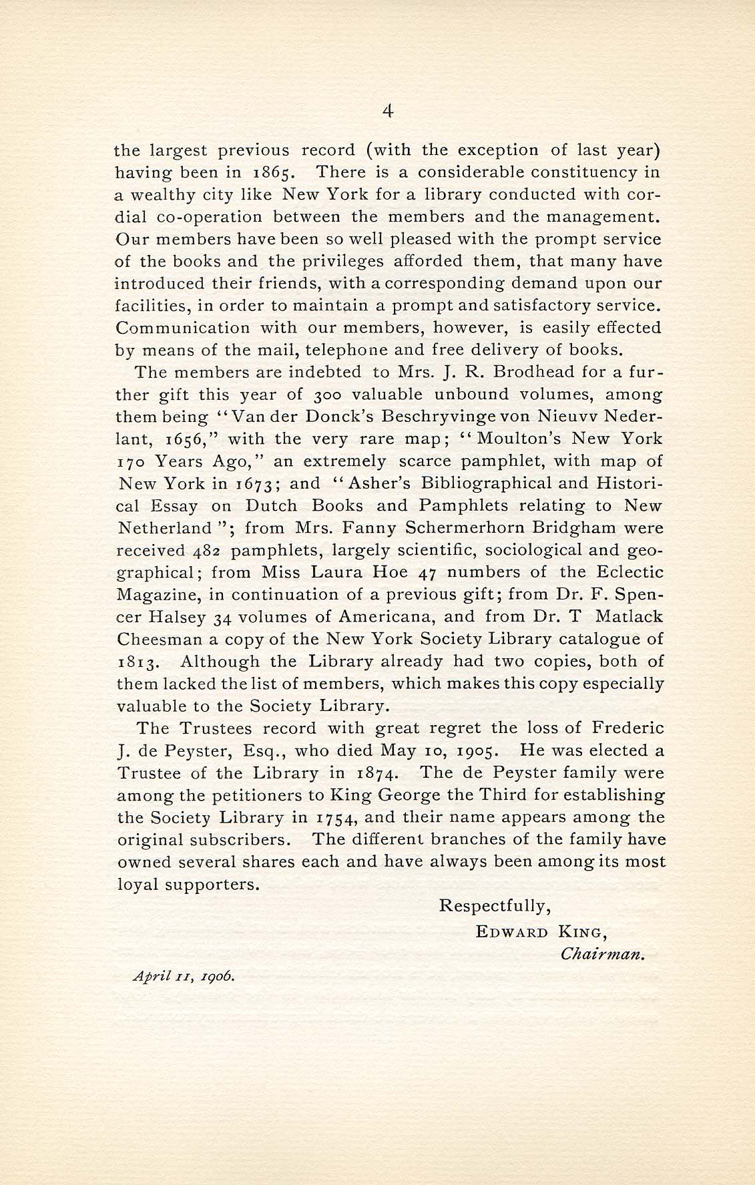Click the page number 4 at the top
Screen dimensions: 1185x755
point(388,112)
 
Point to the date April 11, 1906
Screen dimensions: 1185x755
point(184,975)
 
